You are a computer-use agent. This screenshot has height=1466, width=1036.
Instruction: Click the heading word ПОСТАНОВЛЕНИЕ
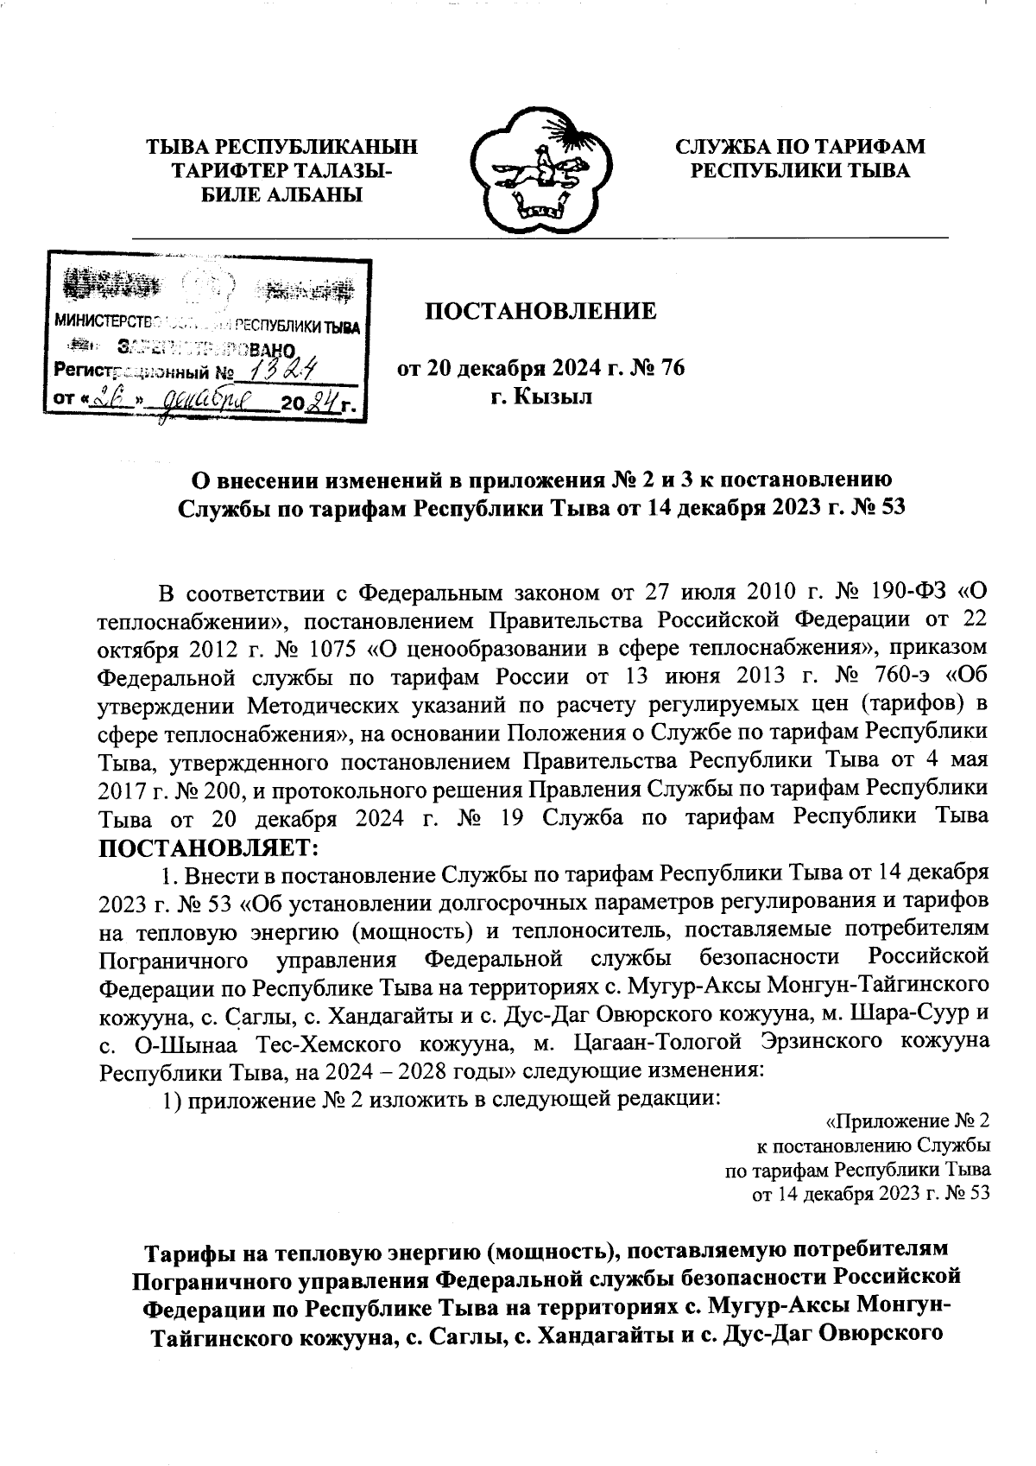540,311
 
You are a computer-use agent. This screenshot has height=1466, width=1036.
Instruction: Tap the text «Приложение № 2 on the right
907,1121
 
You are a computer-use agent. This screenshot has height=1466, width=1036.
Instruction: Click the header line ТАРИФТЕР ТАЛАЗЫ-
281,170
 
